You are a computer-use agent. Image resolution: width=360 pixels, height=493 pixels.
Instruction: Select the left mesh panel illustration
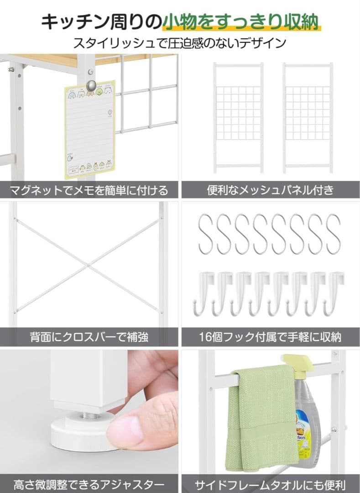pos(238,118)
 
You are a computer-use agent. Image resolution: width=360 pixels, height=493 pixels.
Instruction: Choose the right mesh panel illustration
pos(307,118)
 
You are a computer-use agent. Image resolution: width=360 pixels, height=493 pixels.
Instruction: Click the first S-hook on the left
pos(206,234)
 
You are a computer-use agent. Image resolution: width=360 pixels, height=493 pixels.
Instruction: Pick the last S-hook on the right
pos(333,234)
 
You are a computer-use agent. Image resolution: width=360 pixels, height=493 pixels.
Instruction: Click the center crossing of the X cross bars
pos(89,265)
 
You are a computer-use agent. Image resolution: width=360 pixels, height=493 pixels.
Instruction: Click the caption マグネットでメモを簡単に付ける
pos(89,190)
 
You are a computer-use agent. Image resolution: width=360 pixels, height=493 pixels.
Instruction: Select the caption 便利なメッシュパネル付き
pos(270,190)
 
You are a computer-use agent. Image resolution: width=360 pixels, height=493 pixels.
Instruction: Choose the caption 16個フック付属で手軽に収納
pos(270,338)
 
